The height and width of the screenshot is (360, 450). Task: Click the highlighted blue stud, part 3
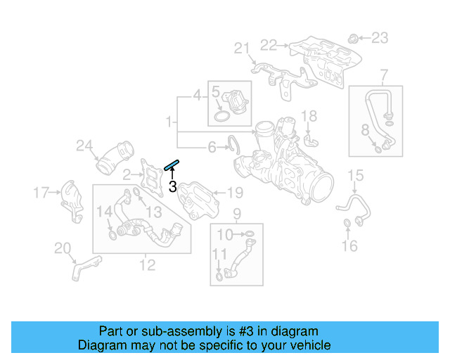coord(172,165)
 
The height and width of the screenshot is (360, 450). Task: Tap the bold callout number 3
coord(172,186)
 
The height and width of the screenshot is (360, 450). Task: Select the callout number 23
coord(380,37)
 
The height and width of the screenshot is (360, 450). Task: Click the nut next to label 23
coord(354,37)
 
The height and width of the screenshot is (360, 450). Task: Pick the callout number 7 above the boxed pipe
coord(384,75)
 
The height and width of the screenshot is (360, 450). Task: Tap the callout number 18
coord(309,116)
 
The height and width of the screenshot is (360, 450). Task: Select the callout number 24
coord(84,146)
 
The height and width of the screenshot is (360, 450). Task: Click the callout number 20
coord(63,247)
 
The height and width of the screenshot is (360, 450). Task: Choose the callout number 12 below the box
coord(147,264)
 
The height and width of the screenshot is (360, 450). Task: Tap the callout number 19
coord(235,192)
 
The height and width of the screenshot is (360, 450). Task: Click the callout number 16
coord(349,245)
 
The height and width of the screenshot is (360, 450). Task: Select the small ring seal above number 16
coord(347,224)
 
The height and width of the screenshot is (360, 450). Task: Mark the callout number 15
coord(356,175)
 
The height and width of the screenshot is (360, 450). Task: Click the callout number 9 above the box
coord(236,214)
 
